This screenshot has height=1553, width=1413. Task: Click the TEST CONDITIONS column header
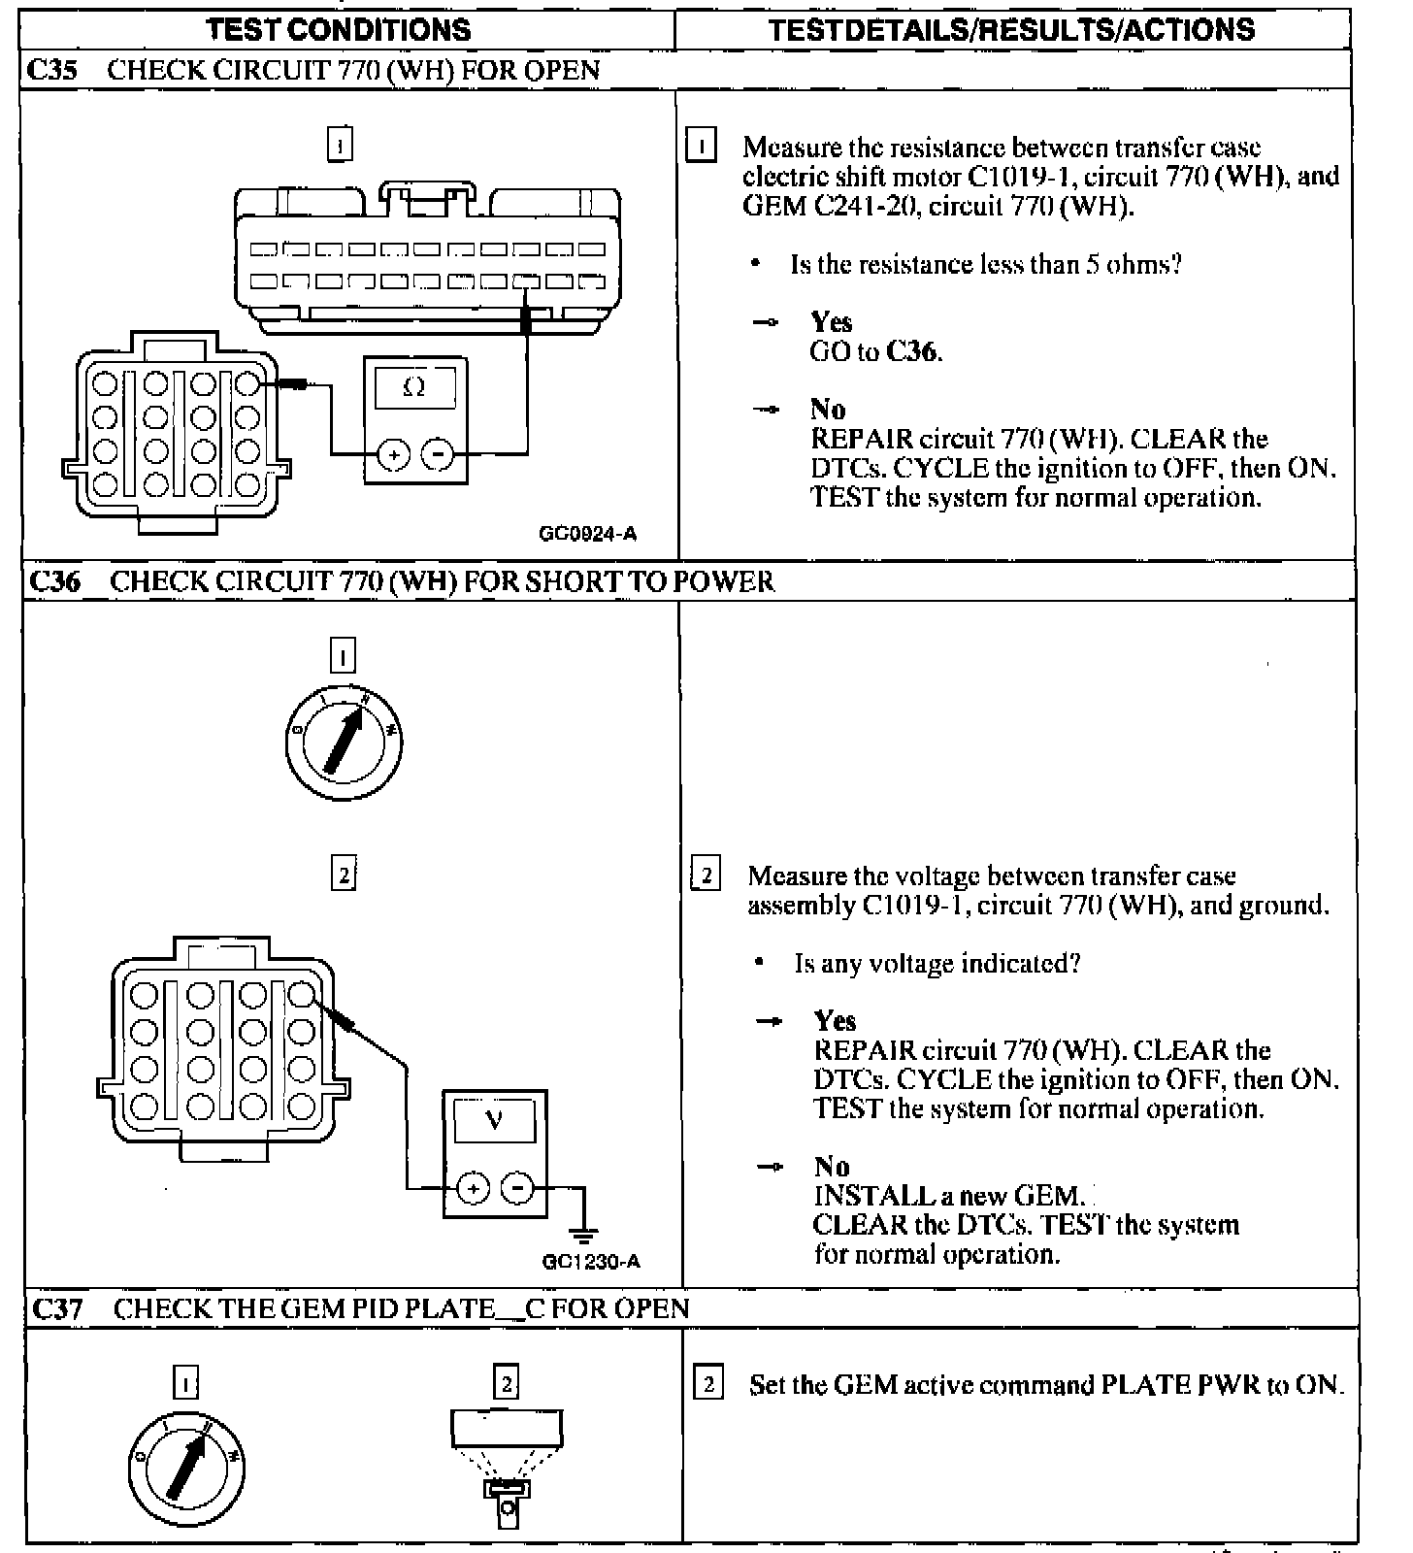pos(339,29)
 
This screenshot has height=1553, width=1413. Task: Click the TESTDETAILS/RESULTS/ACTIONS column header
pos(1011,29)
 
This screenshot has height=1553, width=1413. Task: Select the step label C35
pos(53,70)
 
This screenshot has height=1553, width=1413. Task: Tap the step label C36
pos(55,581)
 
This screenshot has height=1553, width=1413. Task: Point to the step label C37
pos(57,1308)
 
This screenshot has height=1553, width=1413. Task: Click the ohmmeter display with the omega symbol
pos(414,387)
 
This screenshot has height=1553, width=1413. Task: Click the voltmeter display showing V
pos(495,1121)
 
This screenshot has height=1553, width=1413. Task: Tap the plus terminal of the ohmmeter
pos(393,453)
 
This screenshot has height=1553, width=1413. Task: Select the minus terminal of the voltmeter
pos(518,1187)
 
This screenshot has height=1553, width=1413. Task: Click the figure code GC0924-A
pos(588,533)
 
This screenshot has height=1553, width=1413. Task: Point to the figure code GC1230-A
pos(591,1261)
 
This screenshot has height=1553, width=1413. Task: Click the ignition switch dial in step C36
pos(344,743)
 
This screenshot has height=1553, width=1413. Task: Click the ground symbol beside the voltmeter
pos(583,1235)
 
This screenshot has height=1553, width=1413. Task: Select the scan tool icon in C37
pos(506,1466)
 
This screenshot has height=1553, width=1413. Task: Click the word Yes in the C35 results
pos(832,322)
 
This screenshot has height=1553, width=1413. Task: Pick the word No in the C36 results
pos(832,1167)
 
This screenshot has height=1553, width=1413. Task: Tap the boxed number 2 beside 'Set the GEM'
pos(708,1384)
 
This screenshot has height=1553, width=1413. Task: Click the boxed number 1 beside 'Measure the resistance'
pos(702,147)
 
